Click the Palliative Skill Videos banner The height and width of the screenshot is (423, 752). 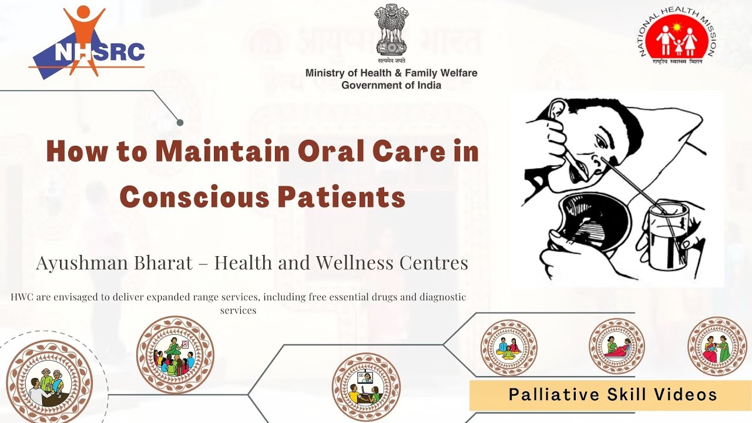pos(612,395)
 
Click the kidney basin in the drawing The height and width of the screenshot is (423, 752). pos(594,223)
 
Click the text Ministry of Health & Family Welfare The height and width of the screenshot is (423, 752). pos(391,73)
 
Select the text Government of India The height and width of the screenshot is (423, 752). pos(391,85)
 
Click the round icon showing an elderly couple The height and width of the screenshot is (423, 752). pos(49,382)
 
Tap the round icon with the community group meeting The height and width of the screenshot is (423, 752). pos(175,354)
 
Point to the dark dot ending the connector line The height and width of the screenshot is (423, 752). pos(180,122)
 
